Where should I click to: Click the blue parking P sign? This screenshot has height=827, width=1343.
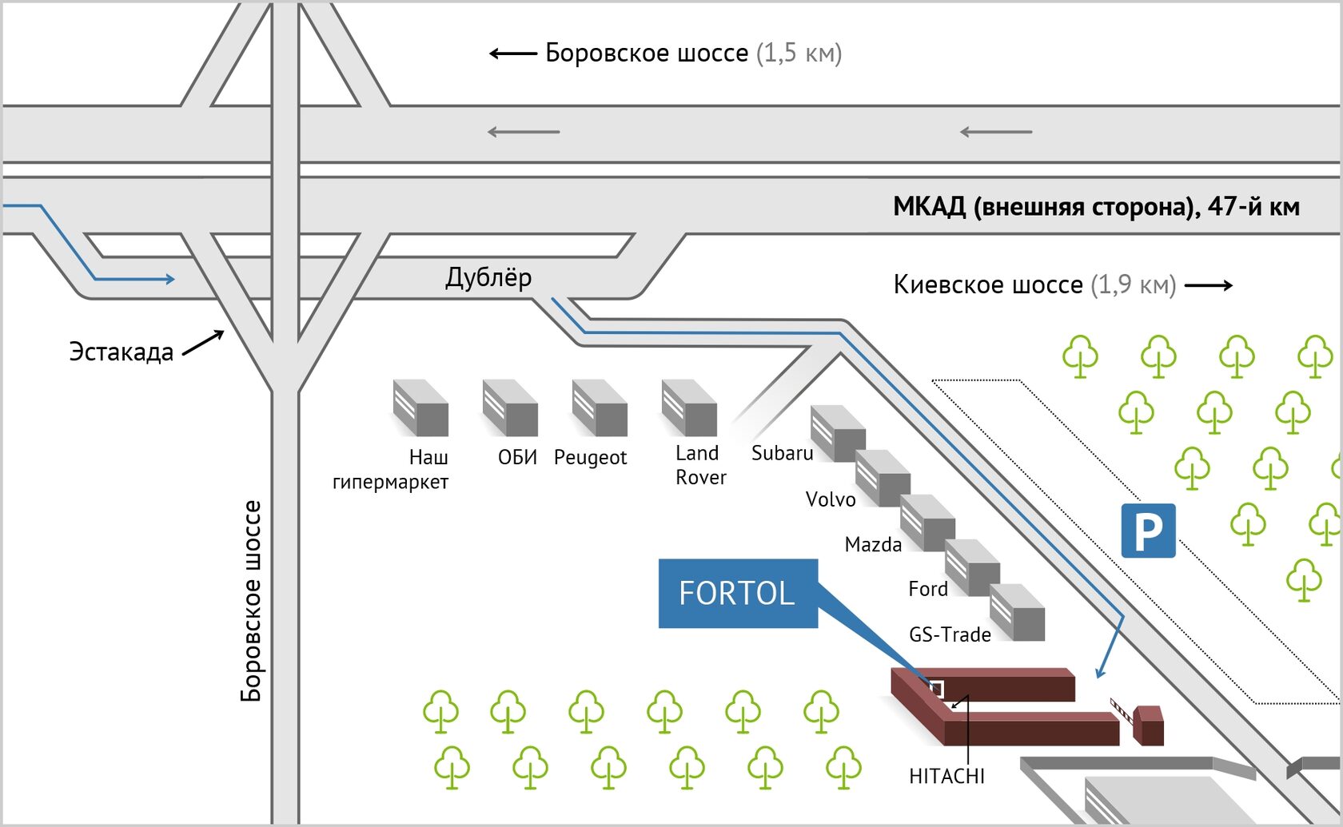pyautogui.click(x=1148, y=531)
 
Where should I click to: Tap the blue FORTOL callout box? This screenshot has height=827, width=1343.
pyautogui.click(x=738, y=593)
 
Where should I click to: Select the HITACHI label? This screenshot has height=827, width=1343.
pyautogui.click(x=946, y=776)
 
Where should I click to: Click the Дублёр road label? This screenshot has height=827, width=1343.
pyautogui.click(x=488, y=277)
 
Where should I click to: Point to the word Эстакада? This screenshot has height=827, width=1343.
pyautogui.click(x=121, y=352)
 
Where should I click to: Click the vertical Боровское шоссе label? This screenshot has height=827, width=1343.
pyautogui.click(x=251, y=601)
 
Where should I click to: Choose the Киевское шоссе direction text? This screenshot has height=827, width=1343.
pyautogui.click(x=1034, y=284)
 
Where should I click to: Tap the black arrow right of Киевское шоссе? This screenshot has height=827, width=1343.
pyautogui.click(x=1209, y=285)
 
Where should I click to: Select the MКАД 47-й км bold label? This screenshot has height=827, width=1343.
pyautogui.click(x=1096, y=207)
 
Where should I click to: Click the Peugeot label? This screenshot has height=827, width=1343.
pyautogui.click(x=590, y=457)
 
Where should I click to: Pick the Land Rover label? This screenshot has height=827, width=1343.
pyautogui.click(x=700, y=465)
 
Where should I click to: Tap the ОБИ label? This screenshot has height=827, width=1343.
pyautogui.click(x=517, y=457)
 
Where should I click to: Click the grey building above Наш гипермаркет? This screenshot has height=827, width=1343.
pyautogui.click(x=420, y=408)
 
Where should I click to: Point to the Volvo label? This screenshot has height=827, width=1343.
pyautogui.click(x=830, y=499)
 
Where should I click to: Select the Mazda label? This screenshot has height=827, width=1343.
pyautogui.click(x=873, y=545)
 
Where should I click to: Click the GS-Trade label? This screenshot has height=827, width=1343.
pyautogui.click(x=950, y=634)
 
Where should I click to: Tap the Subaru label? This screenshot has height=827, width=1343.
pyautogui.click(x=782, y=453)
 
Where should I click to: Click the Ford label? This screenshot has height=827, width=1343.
pyautogui.click(x=927, y=589)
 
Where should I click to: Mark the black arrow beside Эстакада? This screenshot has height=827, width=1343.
pyautogui.click(x=204, y=343)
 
